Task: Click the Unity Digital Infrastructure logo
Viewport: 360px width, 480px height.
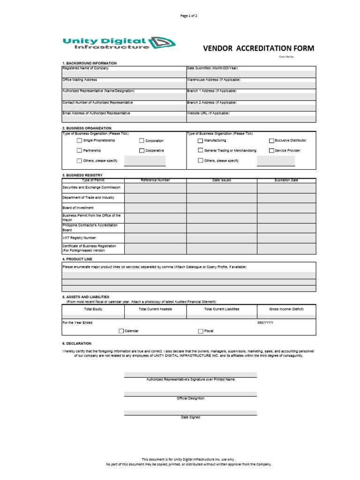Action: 119,44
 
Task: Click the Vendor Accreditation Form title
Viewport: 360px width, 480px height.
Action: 258,49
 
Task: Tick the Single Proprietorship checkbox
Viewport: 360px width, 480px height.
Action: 79,140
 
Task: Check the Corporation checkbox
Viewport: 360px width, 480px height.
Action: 142,141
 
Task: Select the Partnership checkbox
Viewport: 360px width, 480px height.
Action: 79,150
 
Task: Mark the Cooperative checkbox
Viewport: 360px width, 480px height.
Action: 142,150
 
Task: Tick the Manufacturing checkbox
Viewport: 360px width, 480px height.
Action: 200,140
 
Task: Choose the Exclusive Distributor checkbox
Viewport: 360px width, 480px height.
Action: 271,140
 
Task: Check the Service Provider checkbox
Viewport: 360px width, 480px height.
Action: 271,150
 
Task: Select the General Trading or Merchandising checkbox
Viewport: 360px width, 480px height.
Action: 200,150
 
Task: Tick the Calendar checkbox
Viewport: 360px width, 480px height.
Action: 121,331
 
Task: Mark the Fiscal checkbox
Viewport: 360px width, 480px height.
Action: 200,331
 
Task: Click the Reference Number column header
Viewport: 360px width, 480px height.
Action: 155,180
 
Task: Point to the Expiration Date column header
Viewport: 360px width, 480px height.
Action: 286,180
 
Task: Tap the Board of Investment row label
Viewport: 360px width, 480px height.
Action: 78,208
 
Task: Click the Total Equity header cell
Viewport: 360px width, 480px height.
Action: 93,309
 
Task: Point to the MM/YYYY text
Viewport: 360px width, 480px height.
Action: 265,322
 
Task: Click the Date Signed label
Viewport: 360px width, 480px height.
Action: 190,417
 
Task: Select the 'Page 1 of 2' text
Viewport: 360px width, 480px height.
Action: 189,16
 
